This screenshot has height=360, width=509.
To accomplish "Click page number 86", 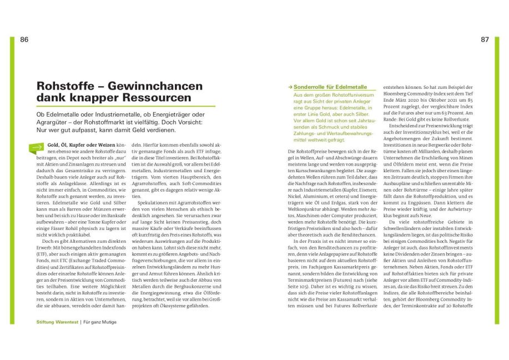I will (24, 39).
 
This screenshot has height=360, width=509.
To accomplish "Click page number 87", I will (485, 39).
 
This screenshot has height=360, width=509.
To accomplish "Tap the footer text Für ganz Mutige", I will (100, 322).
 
